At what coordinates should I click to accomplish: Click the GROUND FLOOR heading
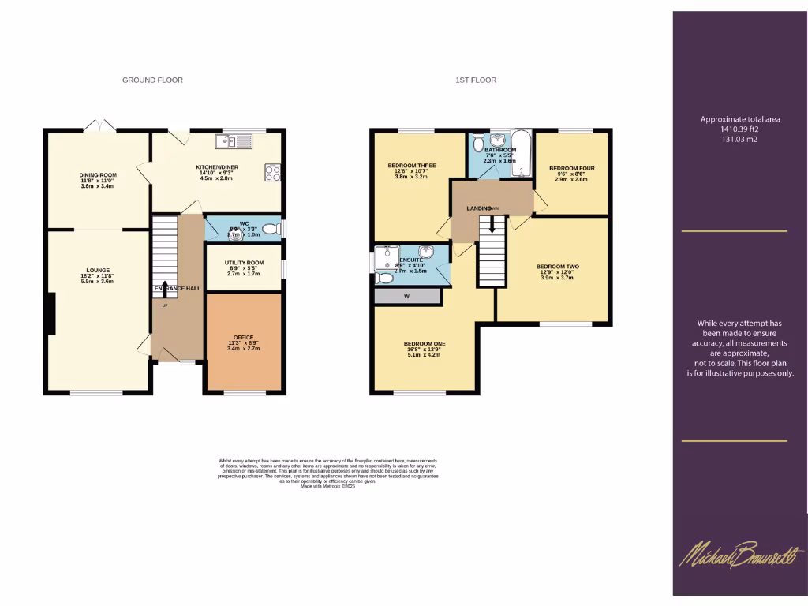[152, 80]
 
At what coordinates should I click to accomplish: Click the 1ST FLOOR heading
[476, 80]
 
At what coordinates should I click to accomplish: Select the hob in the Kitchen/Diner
[273, 173]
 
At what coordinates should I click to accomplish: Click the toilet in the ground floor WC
[270, 230]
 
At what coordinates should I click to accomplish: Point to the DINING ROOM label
[98, 175]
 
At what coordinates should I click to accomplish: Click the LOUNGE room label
[98, 270]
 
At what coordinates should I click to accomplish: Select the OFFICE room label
[243, 337]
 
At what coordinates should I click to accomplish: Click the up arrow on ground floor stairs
[165, 288]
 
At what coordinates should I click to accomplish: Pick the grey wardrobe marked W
[406, 297]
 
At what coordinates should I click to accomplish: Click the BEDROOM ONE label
[425, 344]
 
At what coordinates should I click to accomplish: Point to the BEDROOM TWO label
[558, 267]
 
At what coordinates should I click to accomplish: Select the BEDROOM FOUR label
[571, 168]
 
